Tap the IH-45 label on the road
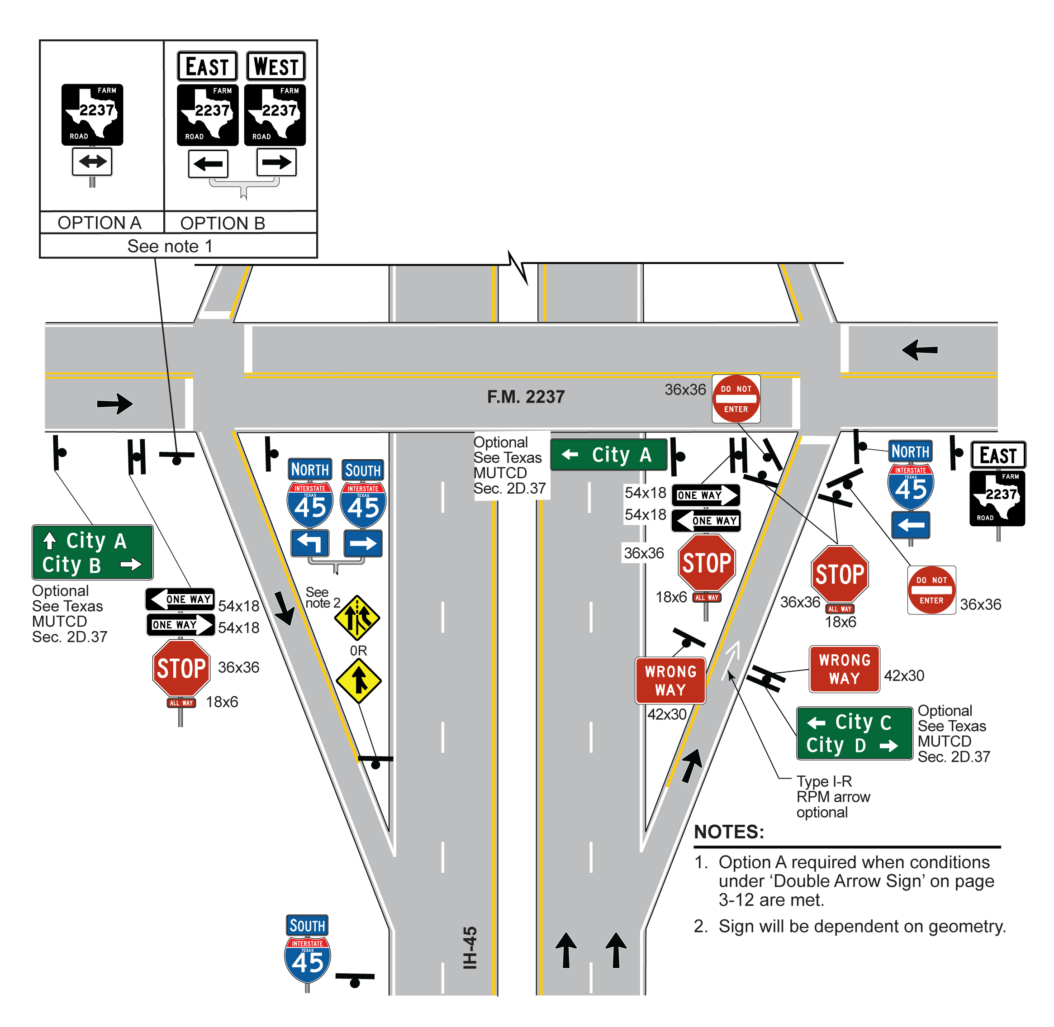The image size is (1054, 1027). point(470,947)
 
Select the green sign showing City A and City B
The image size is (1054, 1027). point(92,552)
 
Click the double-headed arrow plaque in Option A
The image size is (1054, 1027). point(92,161)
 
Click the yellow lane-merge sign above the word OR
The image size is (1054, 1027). point(357,618)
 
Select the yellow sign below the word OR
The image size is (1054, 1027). point(359,681)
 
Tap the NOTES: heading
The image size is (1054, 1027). point(729,832)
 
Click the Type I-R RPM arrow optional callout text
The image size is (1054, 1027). point(833,797)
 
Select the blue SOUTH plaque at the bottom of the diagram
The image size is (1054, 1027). point(307,926)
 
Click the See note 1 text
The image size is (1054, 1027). point(170,246)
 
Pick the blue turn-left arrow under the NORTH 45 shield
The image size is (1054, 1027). point(309,542)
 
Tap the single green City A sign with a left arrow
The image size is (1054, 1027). point(608,455)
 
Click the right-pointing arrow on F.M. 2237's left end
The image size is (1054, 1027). point(115,404)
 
